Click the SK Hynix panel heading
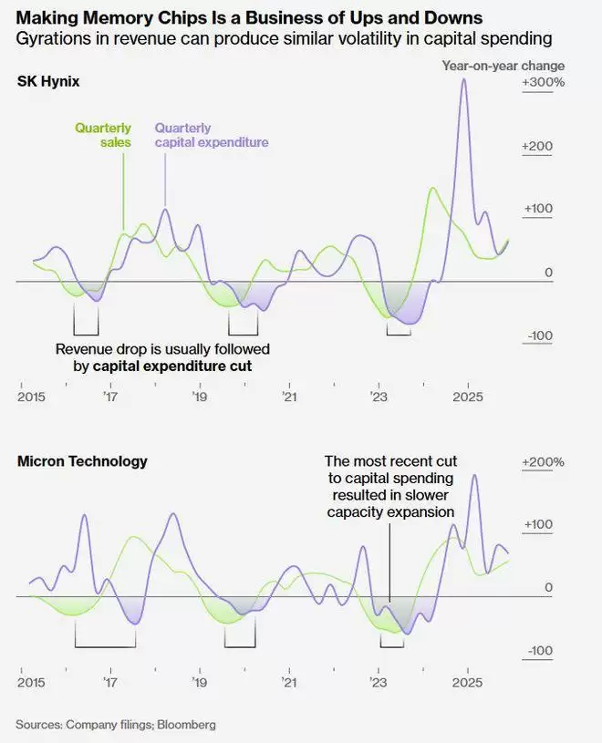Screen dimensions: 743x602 pos(48,82)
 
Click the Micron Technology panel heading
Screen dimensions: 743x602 pos(82,461)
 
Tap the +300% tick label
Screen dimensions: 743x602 pos(544,83)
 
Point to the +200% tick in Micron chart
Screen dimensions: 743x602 pos(544,462)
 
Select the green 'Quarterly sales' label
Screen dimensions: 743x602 pos(103,135)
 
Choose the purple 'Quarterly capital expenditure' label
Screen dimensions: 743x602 pos(212,135)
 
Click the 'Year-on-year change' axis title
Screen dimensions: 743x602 pos(503,66)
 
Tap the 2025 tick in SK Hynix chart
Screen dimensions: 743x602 pos(468,397)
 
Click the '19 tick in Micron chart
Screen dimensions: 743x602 pos(199,682)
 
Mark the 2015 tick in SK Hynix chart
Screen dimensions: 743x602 pos(31,397)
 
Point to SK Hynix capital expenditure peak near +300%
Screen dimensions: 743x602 pos(464,79)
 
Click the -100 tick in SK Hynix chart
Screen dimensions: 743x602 pos(538,336)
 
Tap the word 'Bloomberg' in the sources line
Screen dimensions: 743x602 pos(186,725)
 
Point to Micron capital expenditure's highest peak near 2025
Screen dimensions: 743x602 pos(473,476)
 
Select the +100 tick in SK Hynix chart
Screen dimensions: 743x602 pos(538,209)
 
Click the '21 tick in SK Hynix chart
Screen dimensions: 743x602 pos(289,397)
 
